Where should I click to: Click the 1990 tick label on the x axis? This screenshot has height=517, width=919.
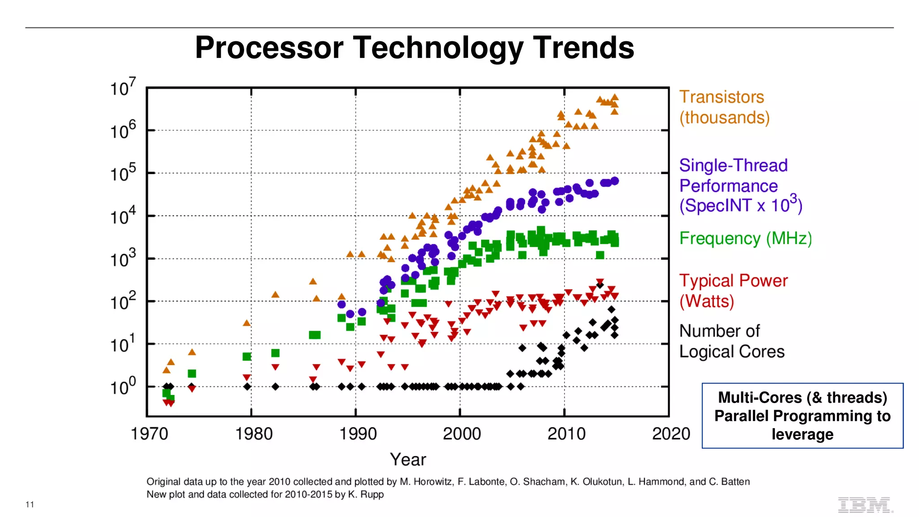pyautogui.click(x=358, y=434)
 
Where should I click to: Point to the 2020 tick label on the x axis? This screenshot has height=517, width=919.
pyautogui.click(x=671, y=434)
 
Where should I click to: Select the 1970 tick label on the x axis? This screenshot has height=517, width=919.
pyautogui.click(x=149, y=434)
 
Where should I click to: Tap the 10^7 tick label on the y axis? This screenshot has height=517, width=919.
pyautogui.click(x=123, y=88)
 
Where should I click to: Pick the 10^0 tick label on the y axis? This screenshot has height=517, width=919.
pyautogui.click(x=123, y=386)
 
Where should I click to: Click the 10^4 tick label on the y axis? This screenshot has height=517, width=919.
pyautogui.click(x=123, y=216)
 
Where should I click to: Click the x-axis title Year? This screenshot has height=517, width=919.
pyautogui.click(x=408, y=460)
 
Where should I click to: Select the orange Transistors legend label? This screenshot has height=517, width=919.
pyautogui.click(x=721, y=97)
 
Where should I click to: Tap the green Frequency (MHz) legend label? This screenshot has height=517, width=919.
pyautogui.click(x=745, y=238)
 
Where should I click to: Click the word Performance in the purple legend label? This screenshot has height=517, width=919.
pyautogui.click(x=728, y=186)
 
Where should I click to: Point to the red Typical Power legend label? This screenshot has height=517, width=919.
pyautogui.click(x=733, y=281)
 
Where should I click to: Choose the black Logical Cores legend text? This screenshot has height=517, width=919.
pyautogui.click(x=732, y=351)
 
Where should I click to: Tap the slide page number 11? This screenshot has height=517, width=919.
pyautogui.click(x=30, y=504)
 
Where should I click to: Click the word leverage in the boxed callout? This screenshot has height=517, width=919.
pyautogui.click(x=802, y=434)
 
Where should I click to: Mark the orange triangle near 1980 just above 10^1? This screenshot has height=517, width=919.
pyautogui.click(x=246, y=323)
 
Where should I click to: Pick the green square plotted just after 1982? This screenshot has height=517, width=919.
pyautogui.click(x=276, y=353)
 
